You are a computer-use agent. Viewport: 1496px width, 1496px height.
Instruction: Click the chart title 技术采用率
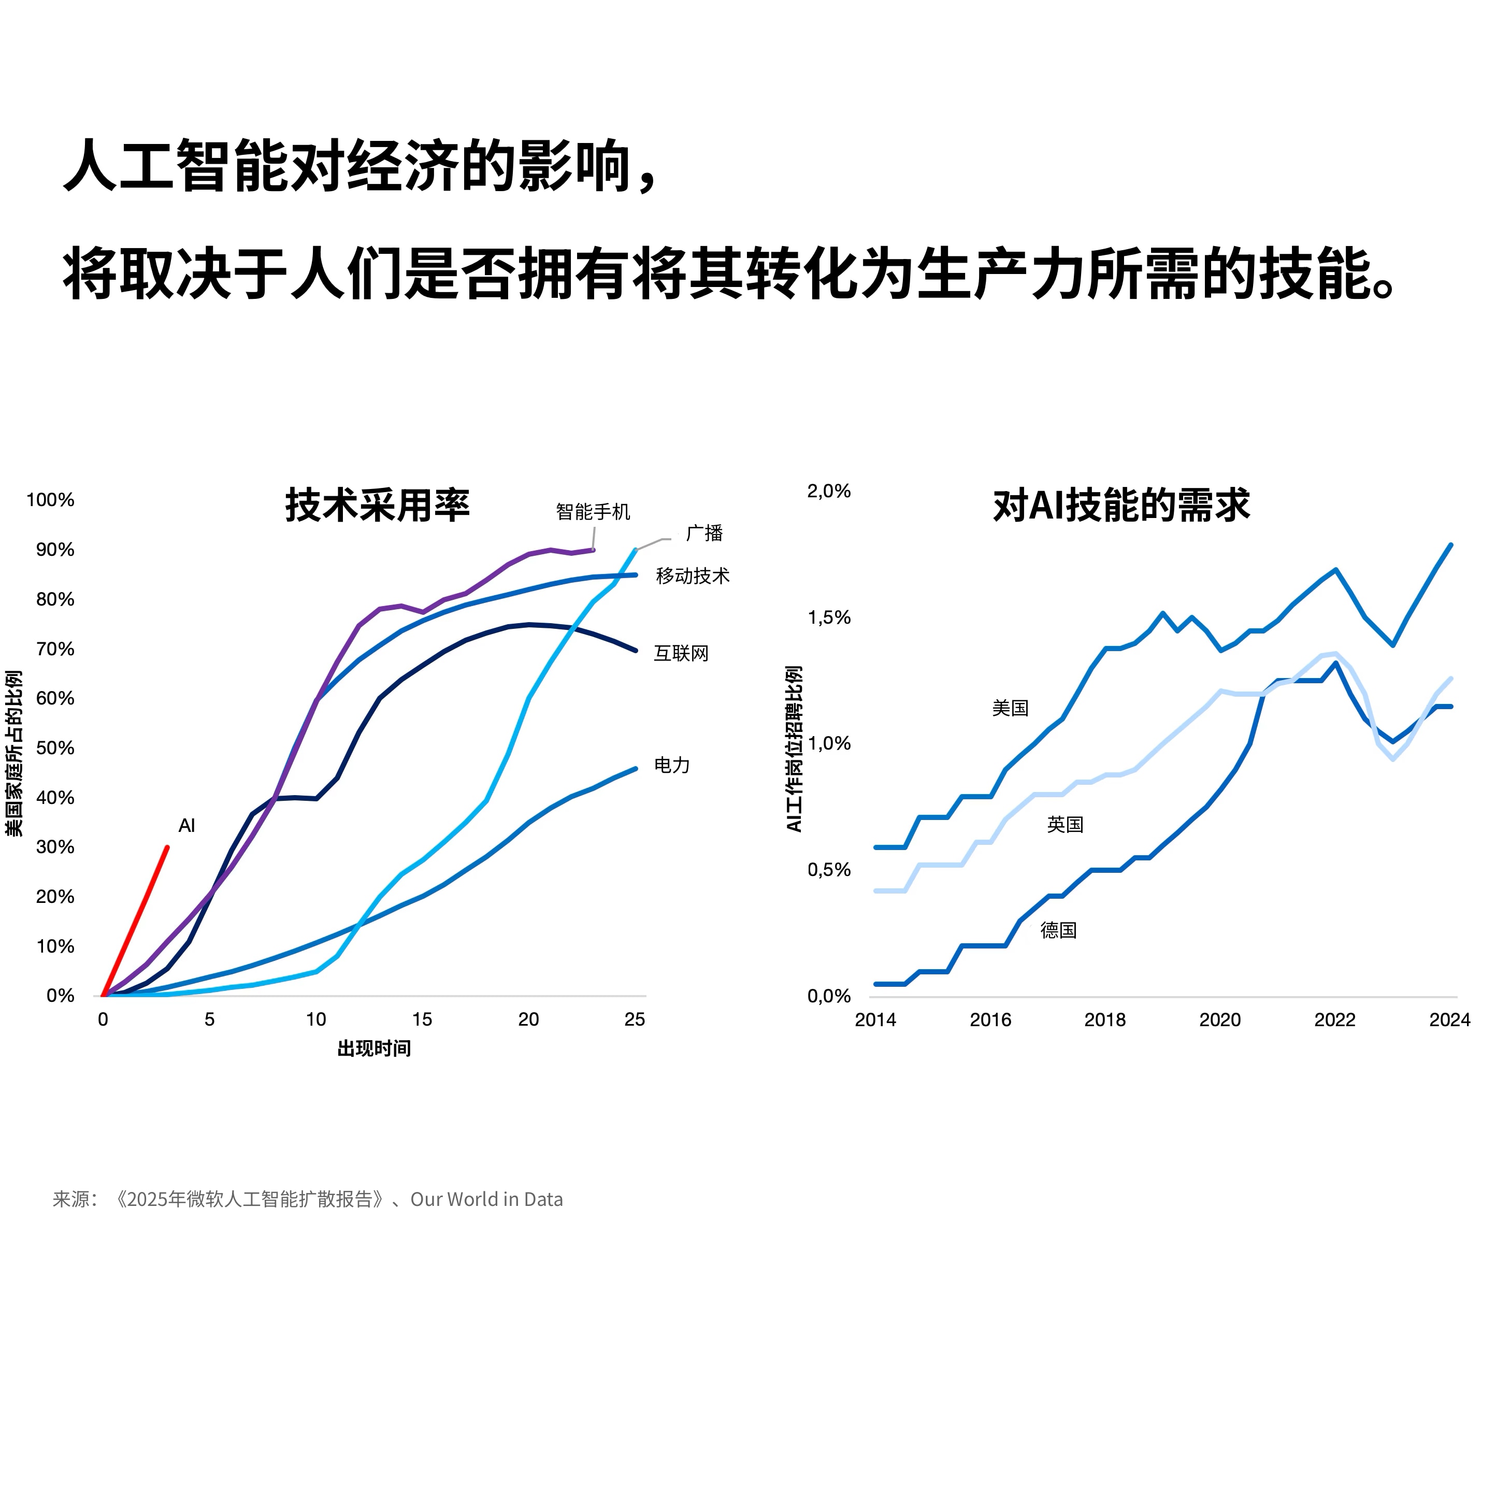[377, 506]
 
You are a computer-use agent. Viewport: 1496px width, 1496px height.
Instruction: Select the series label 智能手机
[593, 512]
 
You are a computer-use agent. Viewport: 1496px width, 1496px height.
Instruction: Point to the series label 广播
[704, 534]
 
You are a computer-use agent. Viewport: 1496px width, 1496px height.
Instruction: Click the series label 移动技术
[692, 576]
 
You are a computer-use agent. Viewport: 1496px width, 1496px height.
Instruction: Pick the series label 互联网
[681, 654]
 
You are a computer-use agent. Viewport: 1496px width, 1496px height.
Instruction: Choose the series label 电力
[671, 765]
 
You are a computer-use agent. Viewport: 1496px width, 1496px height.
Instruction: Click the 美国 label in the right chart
[1010, 708]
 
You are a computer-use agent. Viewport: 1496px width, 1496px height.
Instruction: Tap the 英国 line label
[1065, 825]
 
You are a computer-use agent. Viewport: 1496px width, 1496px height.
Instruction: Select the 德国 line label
[1058, 930]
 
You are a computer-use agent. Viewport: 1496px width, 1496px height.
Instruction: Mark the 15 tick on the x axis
[422, 1020]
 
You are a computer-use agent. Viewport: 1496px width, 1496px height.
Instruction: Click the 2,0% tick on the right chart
[828, 491]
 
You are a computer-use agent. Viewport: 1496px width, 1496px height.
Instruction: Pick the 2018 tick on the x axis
[1105, 1020]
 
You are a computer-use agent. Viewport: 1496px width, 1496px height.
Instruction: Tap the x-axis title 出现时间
[374, 1048]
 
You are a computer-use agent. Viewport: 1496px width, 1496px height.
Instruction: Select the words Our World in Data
[486, 1199]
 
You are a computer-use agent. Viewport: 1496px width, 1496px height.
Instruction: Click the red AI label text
[186, 826]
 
